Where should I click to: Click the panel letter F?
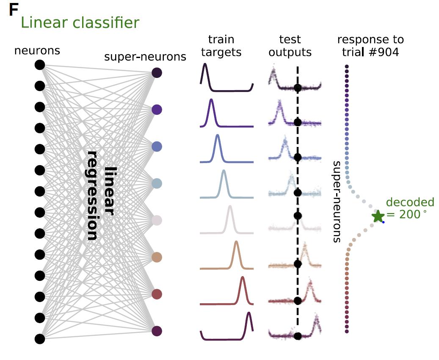13,10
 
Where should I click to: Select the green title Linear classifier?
80,22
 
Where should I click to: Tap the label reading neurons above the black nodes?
37,51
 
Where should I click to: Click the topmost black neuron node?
40,65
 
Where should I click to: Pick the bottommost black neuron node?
40,338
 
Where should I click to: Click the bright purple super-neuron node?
157,110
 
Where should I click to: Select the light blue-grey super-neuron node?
157,183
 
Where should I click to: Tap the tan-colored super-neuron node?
157,257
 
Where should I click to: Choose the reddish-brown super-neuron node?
157,294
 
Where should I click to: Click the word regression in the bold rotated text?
92,195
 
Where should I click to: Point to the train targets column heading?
221,46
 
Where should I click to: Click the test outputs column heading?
290,46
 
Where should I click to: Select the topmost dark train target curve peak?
205,64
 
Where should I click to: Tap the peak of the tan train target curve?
236,242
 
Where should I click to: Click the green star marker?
378,216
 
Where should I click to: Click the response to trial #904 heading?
370,46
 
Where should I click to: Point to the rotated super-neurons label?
337,201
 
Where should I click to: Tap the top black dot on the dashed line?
297,88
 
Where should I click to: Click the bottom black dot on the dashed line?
297,336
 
